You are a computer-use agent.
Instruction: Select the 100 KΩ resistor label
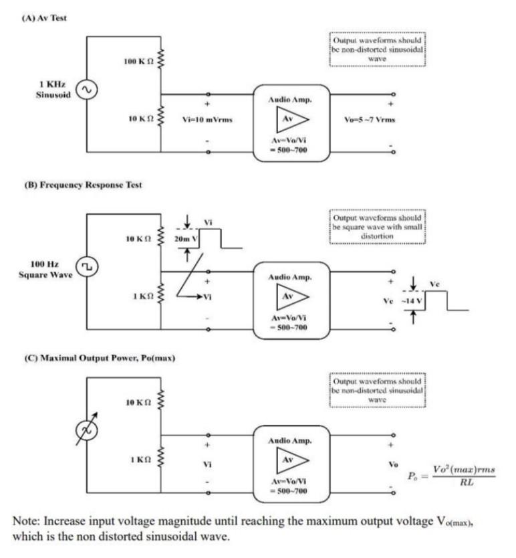click(x=138, y=62)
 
